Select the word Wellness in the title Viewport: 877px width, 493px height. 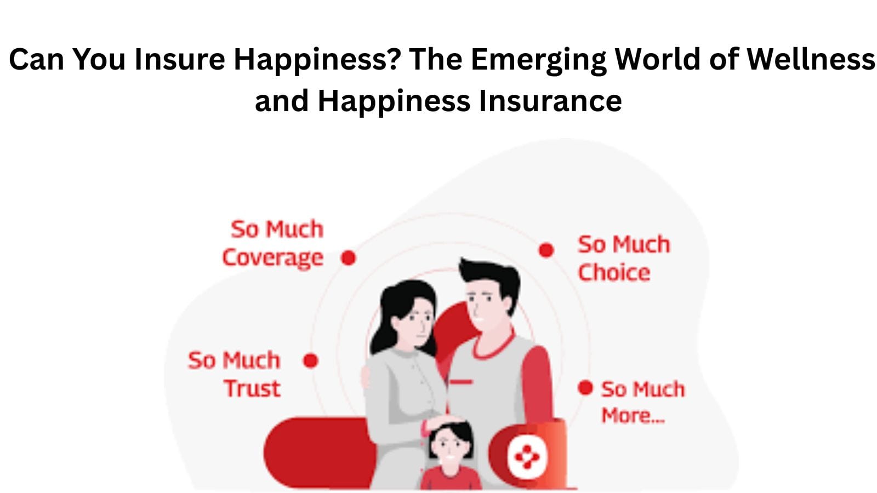tap(811, 59)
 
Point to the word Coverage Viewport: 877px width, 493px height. tap(272, 257)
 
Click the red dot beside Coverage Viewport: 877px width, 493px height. tap(348, 257)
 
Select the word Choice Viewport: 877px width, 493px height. tap(614, 272)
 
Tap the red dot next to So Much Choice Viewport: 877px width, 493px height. tap(546, 250)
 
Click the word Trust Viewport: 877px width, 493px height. tap(252, 388)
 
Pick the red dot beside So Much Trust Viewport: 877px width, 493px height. tap(311, 361)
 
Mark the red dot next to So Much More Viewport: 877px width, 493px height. tap(585, 388)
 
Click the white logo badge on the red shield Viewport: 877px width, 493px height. tap(527, 456)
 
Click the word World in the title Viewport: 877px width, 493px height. tap(658, 59)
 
